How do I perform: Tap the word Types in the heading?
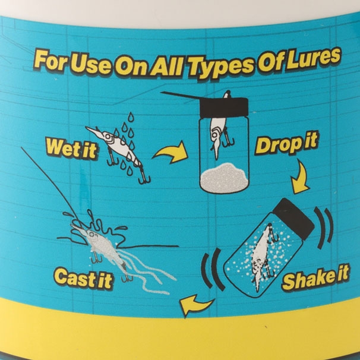223,62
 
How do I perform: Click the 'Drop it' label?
287,144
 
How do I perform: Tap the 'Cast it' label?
83,277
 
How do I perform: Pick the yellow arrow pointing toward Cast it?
197,305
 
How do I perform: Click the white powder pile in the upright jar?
224,178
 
